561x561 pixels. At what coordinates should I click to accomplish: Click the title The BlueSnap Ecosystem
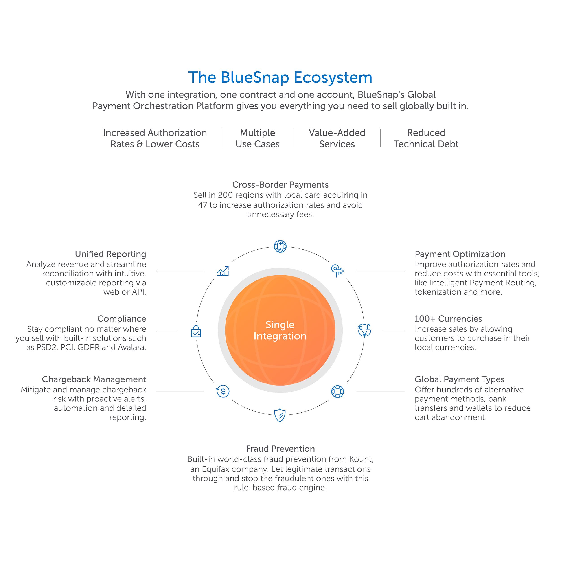pyautogui.click(x=280, y=77)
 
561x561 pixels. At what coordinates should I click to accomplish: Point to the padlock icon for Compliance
pyautogui.click(x=196, y=331)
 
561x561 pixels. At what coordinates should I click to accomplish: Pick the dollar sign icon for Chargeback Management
pyautogui.click(x=223, y=391)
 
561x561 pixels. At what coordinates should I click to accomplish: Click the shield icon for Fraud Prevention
pyautogui.click(x=280, y=415)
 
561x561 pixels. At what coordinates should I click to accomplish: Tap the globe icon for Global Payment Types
pyautogui.click(x=337, y=391)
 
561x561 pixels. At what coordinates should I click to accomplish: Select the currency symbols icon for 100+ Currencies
pyautogui.click(x=364, y=331)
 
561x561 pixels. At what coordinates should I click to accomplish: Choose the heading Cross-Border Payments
pyautogui.click(x=280, y=185)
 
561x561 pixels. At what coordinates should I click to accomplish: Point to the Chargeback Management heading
pyautogui.click(x=94, y=379)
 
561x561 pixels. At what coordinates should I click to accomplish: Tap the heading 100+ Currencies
pyautogui.click(x=448, y=319)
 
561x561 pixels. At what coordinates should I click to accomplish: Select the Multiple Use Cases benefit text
pyautogui.click(x=257, y=138)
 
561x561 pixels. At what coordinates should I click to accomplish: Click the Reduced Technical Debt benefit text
pyautogui.click(x=426, y=138)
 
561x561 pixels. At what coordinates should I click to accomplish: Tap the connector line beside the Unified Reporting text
pyautogui.click(x=180, y=271)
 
